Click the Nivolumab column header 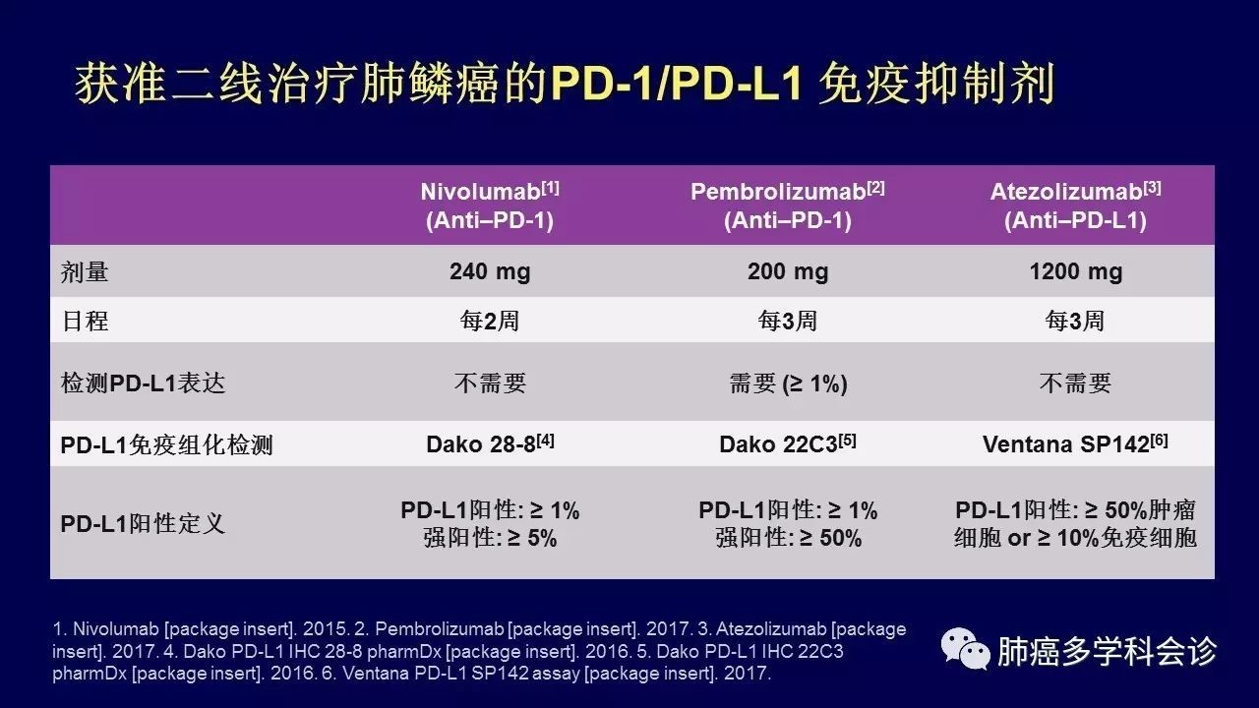coord(490,206)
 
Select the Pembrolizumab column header coord(788,206)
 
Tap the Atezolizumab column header coord(1075,206)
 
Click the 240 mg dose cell coord(490,272)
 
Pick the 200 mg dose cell coord(788,272)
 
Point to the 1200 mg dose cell coord(1076,272)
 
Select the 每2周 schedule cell coord(490,321)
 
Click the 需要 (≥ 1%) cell coord(788,383)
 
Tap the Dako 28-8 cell coord(490,443)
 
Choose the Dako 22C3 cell coord(788,443)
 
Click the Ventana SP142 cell coord(1075,443)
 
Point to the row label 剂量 coord(85,272)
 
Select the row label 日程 coord(85,321)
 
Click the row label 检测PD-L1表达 coord(143,383)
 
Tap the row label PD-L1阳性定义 coord(143,524)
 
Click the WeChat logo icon coord(965,648)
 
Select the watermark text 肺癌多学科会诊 coord(1107,651)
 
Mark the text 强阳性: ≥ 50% coord(788,538)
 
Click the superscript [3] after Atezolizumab coord(1152,188)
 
